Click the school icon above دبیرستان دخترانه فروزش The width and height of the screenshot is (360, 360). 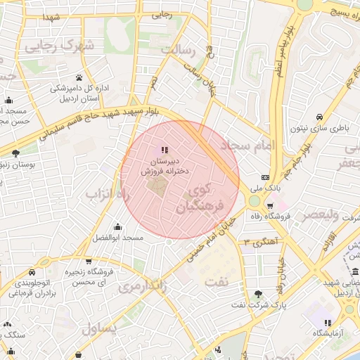pos(165,150)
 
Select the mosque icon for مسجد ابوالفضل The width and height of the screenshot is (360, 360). pos(117,226)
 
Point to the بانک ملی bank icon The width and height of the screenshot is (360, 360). pos(265,177)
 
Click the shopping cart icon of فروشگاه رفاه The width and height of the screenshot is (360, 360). pos(260,205)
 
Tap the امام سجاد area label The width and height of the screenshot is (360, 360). pos(250,146)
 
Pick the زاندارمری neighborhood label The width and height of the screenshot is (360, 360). pos(141,285)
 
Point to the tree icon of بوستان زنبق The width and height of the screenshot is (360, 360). pos(15,153)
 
